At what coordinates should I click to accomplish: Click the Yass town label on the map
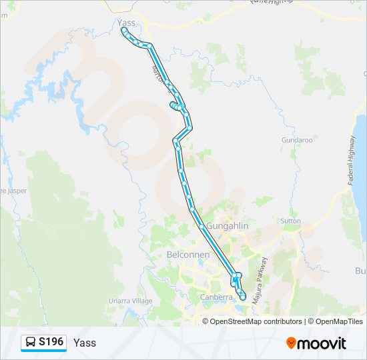pyautogui.click(x=126, y=23)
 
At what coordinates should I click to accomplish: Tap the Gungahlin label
pyautogui.click(x=228, y=226)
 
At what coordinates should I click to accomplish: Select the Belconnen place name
pyautogui.click(x=188, y=255)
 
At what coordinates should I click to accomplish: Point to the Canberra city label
pyautogui.click(x=216, y=297)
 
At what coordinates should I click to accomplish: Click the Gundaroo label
pyautogui.click(x=297, y=141)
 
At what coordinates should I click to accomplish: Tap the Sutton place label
pyautogui.click(x=290, y=220)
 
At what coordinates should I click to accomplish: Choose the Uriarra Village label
pyautogui.click(x=131, y=301)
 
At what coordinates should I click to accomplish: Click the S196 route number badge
pyautogui.click(x=51, y=342)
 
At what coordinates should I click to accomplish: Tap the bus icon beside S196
pyautogui.click(x=31, y=343)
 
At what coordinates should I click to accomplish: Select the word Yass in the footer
pyautogui.click(x=85, y=343)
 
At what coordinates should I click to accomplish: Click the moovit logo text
pyautogui.click(x=322, y=343)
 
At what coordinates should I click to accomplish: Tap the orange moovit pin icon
pyautogui.click(x=291, y=343)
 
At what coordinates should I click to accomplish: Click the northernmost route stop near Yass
pyautogui.click(x=124, y=30)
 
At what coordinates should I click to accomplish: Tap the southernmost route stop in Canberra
pyautogui.click(x=243, y=297)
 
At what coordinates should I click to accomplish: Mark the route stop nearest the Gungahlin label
pyautogui.click(x=201, y=226)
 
